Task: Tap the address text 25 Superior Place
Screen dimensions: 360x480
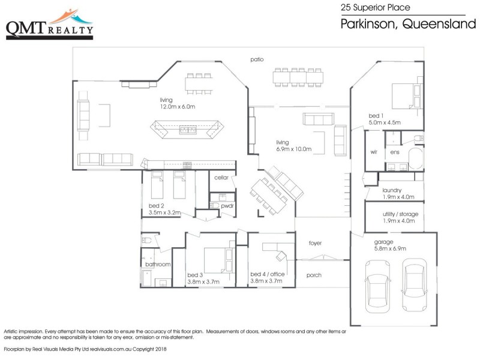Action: pos(374,8)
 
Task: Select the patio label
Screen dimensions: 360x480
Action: pos(257,59)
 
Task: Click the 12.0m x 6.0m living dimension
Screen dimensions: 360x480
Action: pos(178,107)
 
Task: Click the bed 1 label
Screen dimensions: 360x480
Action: pos(377,115)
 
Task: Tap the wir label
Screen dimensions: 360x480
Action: pos(373,152)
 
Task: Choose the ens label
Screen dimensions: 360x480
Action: pos(395,152)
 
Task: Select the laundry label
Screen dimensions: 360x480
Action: pos(392,190)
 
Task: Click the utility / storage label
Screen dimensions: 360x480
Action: pos(400,214)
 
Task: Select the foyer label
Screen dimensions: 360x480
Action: pos(315,243)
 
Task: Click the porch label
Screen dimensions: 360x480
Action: pos(314,275)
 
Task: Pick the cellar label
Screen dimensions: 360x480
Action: pos(221,178)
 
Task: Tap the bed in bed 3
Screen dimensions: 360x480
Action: pos(217,259)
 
